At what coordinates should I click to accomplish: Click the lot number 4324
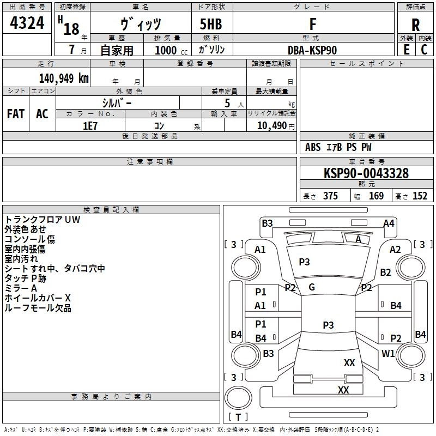tap(27, 23)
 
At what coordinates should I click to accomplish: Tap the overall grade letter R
tap(415, 25)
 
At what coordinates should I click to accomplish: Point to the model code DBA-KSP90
tap(312, 50)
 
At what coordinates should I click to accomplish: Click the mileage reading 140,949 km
tap(64, 78)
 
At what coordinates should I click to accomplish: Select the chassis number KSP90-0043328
tap(366, 174)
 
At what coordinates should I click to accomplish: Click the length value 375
tap(330, 196)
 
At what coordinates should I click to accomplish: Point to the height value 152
tap(420, 196)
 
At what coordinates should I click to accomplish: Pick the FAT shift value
tap(15, 114)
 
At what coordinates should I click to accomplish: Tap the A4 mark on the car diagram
tap(389, 223)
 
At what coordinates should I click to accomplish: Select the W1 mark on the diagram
tap(388, 354)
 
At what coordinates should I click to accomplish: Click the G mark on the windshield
tap(312, 287)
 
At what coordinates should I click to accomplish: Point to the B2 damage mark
tap(386, 272)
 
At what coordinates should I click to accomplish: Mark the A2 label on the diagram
tap(395, 249)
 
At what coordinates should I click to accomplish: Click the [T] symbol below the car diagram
tap(238, 417)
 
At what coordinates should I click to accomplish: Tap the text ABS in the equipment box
tap(313, 147)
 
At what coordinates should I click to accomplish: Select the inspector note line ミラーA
tap(21, 288)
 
